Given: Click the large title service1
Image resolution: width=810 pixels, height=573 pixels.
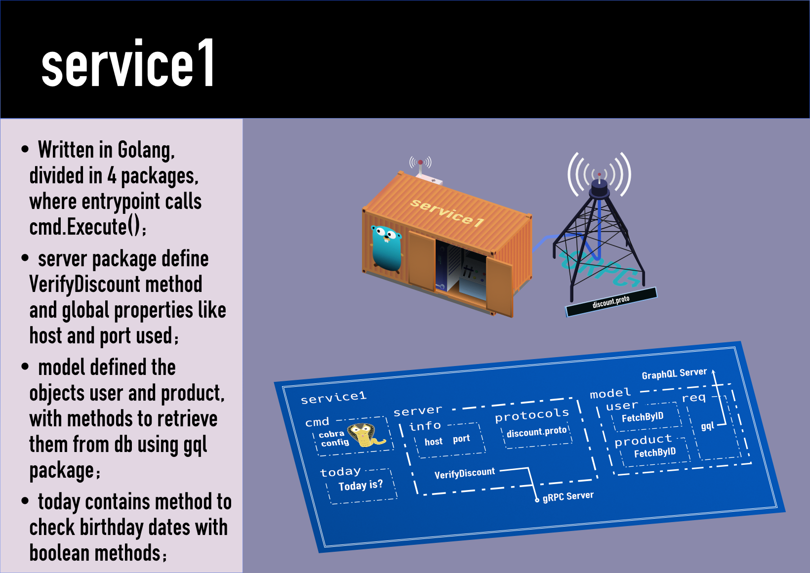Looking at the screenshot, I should point(128,64).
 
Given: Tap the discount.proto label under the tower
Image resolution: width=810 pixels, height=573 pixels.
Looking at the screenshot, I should point(611,301).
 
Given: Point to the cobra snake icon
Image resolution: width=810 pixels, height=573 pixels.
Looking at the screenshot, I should point(366,435).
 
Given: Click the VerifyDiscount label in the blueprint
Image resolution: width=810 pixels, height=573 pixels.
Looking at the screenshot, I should point(464,474).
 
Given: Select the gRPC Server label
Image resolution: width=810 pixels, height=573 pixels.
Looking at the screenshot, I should point(568,496).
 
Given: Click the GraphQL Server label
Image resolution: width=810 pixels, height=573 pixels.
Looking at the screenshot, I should point(674,374).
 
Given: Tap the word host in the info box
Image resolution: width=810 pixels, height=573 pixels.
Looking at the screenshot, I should point(434,442).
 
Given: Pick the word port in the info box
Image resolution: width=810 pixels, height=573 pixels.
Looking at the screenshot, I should point(461,439).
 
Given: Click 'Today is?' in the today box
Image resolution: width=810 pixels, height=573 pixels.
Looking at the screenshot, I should point(361,486).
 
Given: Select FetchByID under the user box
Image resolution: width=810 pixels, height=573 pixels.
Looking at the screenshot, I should point(642,417).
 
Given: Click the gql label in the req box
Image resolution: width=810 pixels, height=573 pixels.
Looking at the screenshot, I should point(707,426).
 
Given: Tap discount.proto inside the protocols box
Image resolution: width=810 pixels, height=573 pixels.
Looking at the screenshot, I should point(536,432).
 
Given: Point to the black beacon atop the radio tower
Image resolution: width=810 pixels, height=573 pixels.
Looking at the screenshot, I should point(599,186).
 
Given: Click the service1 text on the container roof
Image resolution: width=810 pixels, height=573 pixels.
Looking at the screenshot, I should point(447,212).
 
